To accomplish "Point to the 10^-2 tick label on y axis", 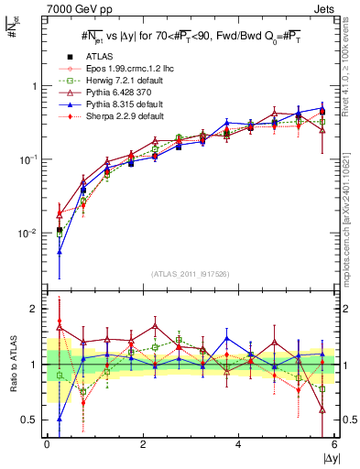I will [27, 234].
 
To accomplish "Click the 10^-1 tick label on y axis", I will [27, 159].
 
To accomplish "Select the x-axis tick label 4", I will [238, 444].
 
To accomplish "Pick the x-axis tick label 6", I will [334, 444].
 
